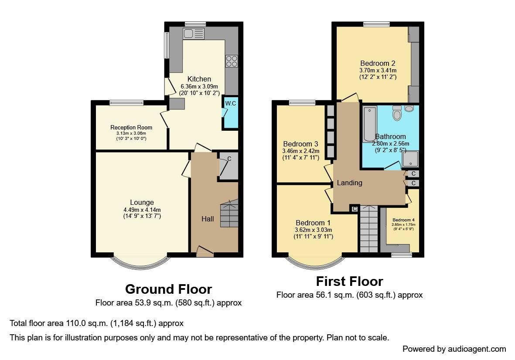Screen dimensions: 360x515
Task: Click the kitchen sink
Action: click(194, 34)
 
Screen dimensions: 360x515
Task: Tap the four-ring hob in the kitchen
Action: click(231, 61)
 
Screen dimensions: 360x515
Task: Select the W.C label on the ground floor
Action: click(230, 103)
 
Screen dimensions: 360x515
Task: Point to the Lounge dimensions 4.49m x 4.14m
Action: click(142, 210)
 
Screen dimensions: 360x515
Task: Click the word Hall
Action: click(208, 219)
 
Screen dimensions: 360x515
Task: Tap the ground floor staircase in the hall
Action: click(229, 214)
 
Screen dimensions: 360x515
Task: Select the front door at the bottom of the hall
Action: click(205, 251)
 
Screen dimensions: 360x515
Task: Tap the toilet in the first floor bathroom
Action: click(397, 112)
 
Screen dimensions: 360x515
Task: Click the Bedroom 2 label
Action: click(378, 63)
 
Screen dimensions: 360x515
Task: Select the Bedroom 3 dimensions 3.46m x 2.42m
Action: click(300, 151)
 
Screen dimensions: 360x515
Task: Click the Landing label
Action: click(349, 183)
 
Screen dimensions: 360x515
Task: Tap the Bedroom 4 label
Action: click(403, 220)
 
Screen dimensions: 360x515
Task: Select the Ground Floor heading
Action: click(168, 289)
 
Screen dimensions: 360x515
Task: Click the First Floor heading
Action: click(349, 281)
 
